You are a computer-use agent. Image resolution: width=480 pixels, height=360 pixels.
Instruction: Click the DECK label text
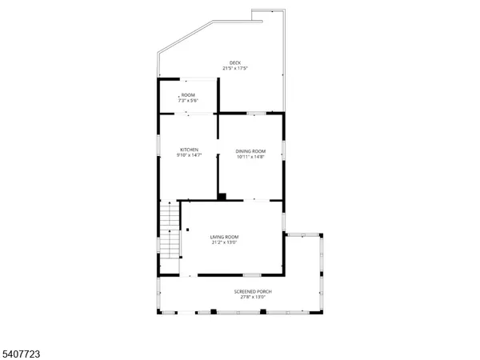[x=234, y=62]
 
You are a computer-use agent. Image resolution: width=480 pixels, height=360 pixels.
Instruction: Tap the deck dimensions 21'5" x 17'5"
[x=234, y=69]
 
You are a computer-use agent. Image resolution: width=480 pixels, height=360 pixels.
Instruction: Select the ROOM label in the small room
[x=187, y=95]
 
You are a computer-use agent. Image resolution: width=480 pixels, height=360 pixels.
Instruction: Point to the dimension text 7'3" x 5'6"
[x=187, y=101]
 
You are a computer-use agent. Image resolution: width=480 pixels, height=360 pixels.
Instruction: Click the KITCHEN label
[x=189, y=150]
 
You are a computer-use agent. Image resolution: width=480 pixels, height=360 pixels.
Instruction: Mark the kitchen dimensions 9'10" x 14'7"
[x=189, y=155]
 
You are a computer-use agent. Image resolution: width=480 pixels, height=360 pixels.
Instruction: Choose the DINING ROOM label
[x=250, y=151]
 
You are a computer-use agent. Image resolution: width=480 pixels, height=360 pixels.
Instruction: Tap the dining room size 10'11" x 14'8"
[x=250, y=157]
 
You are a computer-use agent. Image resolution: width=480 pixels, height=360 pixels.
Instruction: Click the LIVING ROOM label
[x=224, y=237]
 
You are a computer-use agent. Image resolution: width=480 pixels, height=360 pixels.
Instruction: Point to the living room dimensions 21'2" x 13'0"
[x=224, y=242]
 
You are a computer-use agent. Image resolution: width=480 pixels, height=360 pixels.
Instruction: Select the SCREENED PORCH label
[x=253, y=291]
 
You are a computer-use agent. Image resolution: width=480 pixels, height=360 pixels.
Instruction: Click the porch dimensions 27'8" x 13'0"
[x=253, y=297]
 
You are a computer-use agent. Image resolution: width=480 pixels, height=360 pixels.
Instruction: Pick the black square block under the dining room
[x=222, y=196]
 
